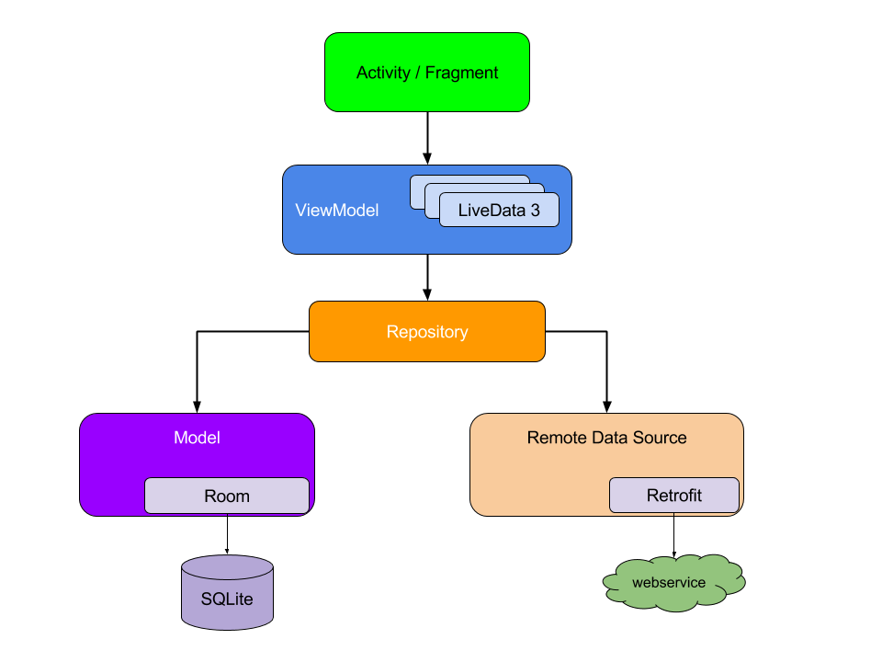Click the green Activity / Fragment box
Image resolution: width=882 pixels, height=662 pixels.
427,73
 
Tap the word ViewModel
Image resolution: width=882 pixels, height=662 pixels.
336,211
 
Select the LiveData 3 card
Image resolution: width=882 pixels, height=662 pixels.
499,210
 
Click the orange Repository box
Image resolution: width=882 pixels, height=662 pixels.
427,332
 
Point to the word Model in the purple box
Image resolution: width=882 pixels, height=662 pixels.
197,438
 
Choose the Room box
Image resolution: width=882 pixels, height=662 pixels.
227,496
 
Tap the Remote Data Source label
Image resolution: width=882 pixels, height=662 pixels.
606,438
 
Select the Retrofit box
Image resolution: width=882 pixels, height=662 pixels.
673,496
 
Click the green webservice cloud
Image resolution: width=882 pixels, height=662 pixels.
673,583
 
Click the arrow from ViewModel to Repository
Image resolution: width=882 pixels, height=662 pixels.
427,276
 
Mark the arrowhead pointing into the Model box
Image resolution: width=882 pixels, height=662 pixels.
197,405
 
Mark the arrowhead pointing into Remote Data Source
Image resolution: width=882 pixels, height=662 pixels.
606,405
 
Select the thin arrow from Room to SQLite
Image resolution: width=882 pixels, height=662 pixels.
227,533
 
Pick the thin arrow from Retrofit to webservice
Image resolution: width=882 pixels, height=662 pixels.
673,533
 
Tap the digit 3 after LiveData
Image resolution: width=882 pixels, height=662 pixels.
535,210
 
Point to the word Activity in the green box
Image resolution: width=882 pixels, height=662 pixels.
383,73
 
